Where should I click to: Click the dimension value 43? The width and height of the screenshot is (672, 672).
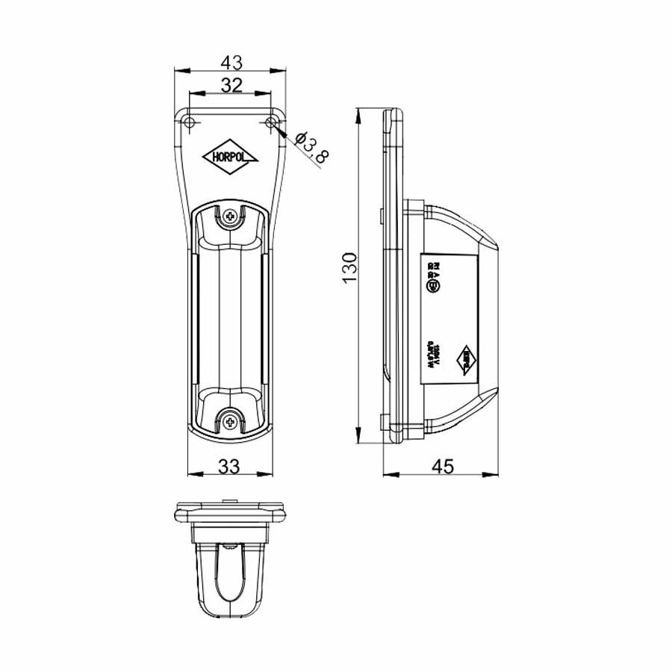click(231, 60)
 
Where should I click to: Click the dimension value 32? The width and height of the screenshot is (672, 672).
click(231, 85)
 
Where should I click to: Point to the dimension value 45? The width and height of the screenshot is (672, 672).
click(443, 466)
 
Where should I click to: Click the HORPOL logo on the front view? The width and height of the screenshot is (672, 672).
click(230, 158)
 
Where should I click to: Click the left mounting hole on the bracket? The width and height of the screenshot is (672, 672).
click(190, 122)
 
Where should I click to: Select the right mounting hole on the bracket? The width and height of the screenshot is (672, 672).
click(272, 122)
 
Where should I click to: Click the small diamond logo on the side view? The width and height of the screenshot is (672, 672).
click(467, 361)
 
